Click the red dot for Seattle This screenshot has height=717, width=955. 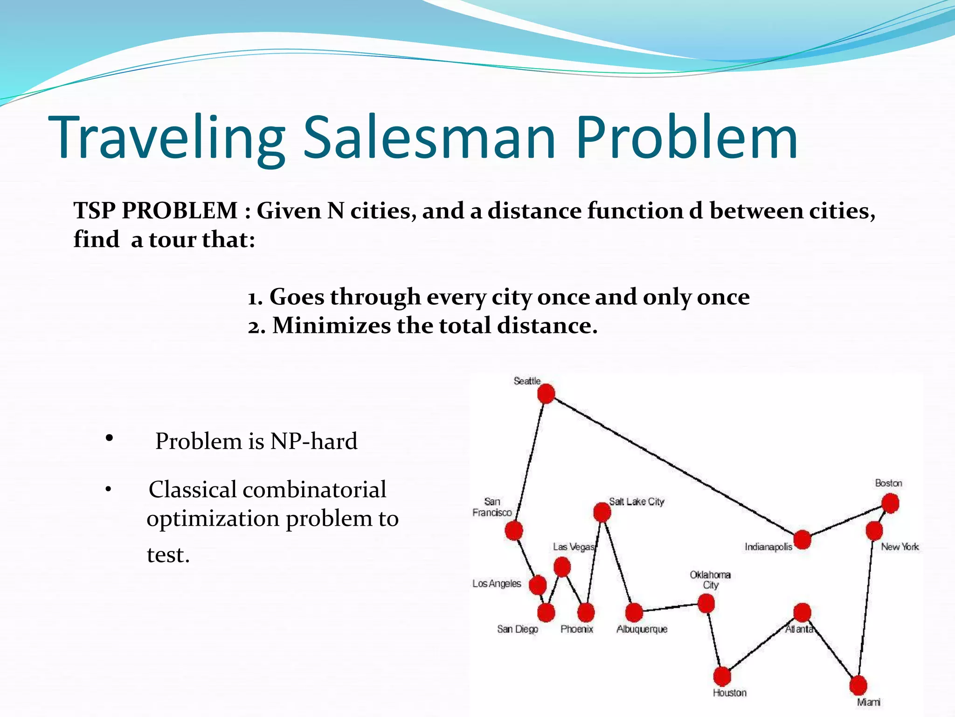(546, 394)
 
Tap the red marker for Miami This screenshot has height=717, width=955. (858, 685)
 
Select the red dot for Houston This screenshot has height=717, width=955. (722, 676)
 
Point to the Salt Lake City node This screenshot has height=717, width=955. (602, 512)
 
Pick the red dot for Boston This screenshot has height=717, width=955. (890, 503)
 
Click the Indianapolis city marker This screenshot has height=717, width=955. (803, 540)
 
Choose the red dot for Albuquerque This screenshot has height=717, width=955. (634, 612)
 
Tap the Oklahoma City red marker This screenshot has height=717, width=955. (706, 604)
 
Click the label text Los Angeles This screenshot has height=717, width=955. (497, 583)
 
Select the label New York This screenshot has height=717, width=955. (900, 547)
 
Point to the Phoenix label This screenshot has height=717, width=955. (577, 629)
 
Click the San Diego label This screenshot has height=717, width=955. (518, 629)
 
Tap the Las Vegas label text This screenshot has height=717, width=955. (574, 547)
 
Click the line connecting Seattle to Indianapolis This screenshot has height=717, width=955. (674, 467)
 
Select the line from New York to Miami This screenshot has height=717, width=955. (866, 607)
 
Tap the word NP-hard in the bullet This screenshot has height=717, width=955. (314, 441)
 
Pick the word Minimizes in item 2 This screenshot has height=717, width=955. (331, 325)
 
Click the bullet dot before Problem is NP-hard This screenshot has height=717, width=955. (109, 438)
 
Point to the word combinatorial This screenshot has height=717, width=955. (314, 490)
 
